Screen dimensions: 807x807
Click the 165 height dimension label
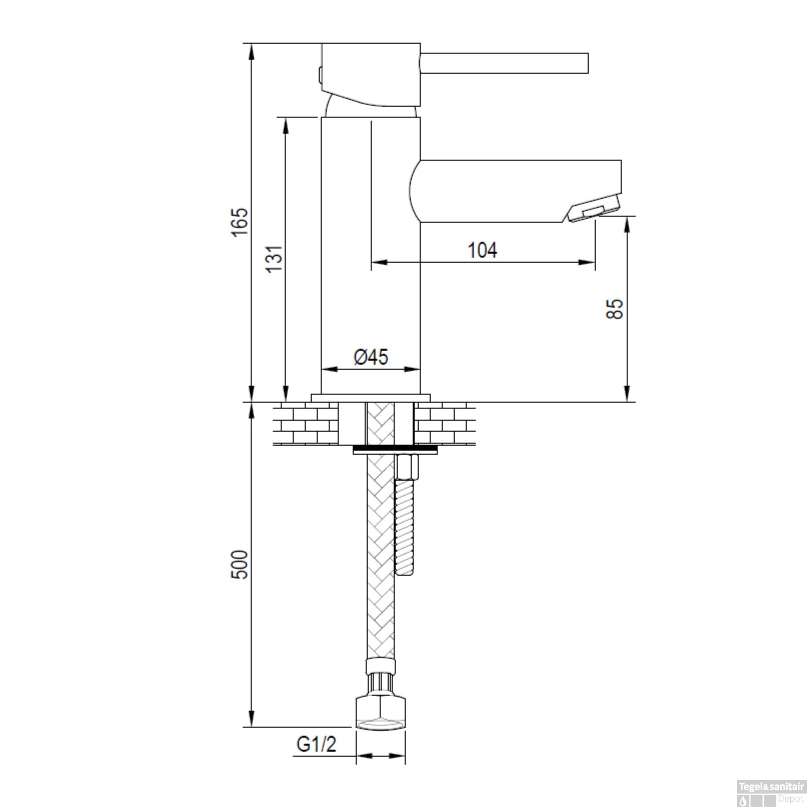point(240,221)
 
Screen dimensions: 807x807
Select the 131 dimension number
point(274,258)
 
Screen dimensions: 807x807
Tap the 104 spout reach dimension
point(482,250)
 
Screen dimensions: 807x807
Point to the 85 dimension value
point(614,309)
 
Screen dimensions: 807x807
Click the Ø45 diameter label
point(371,357)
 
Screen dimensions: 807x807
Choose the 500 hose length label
point(240,564)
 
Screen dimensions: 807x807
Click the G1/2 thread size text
point(316,744)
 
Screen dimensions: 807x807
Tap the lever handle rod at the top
point(504,63)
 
